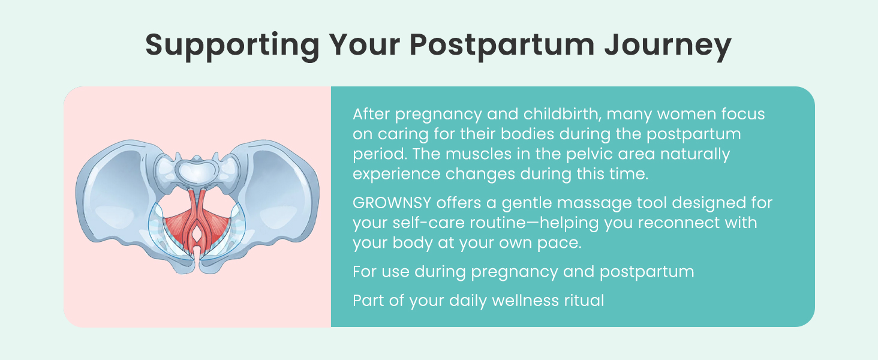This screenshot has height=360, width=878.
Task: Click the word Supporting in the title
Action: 233,46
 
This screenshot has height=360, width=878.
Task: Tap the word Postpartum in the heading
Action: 502,46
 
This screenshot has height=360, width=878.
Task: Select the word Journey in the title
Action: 668,46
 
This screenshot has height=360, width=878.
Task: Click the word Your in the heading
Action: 365,44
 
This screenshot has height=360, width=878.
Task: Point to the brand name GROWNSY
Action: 392,203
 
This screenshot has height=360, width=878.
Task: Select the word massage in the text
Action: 594,203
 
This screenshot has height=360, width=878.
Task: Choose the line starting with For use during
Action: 524,272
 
